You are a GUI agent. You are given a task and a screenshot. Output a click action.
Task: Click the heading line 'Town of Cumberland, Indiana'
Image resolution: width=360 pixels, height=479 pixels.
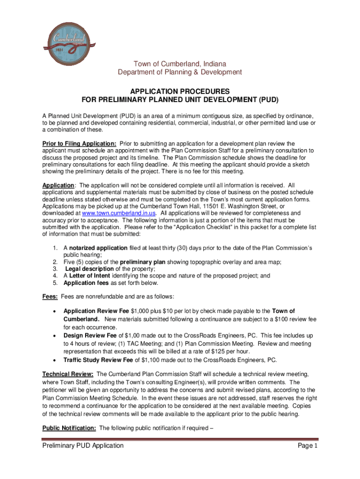click(180, 64)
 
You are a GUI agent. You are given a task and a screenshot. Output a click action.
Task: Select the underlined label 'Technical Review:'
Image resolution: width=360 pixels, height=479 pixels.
click(68, 374)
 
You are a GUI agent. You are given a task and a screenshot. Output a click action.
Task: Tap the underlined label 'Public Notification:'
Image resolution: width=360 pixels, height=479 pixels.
click(70, 428)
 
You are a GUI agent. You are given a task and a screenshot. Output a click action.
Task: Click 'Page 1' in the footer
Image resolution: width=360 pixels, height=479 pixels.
click(308, 446)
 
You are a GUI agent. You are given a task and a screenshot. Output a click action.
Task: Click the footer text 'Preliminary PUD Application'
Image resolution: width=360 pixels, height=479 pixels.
click(83, 446)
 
